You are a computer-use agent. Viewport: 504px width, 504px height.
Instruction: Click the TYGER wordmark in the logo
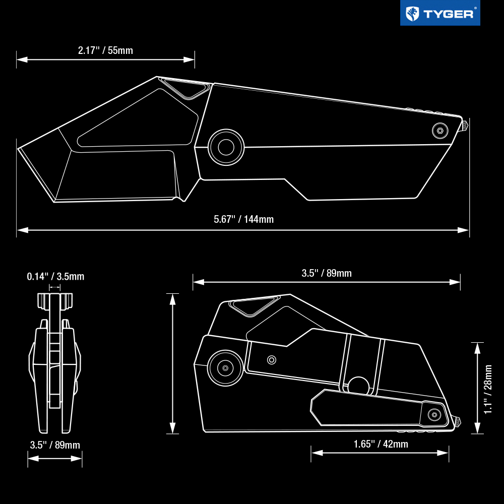pos(448,14)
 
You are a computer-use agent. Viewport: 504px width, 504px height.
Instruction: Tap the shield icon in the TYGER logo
pos(412,14)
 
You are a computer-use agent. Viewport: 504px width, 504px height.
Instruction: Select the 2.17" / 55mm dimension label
pos(105,50)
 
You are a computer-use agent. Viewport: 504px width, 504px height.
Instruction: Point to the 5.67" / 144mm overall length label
pos(243,219)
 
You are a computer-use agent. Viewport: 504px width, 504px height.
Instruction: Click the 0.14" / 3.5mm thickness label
pos(55,276)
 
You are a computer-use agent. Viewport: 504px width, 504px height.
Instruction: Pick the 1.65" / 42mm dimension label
pos(381,444)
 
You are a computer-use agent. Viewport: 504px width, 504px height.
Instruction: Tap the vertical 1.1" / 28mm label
pos(488,389)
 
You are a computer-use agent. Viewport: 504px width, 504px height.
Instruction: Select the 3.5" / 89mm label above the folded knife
pos(327,273)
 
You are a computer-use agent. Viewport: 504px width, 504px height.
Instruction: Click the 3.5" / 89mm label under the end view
pos(55,445)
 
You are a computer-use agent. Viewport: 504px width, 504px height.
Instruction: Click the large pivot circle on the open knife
pos(226,147)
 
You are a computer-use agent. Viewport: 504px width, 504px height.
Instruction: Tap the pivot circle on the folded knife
pos(225,368)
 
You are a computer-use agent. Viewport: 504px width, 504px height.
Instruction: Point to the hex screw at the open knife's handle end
pos(440,131)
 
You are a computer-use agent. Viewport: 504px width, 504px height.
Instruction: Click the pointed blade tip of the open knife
pos(18,149)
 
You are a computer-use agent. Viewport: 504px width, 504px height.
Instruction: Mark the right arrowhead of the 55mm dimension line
pos(189,59)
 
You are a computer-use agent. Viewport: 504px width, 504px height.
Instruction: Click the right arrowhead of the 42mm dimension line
pos(443,453)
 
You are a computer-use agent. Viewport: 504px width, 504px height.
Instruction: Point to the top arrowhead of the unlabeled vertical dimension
pos(172,299)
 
